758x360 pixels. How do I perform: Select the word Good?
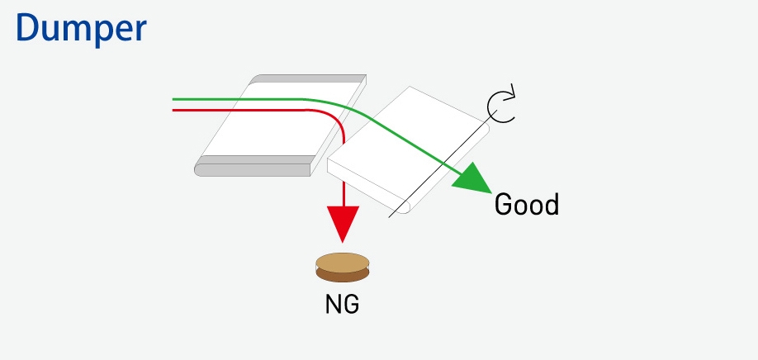[x=526, y=204]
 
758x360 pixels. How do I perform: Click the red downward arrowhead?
[x=343, y=224]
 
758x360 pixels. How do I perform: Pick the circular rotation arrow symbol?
[x=500, y=106]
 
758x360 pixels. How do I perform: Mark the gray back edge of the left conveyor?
[x=306, y=78]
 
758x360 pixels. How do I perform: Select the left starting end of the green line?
[x=174, y=100]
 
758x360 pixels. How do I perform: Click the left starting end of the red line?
[x=174, y=109]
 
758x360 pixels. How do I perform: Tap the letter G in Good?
[x=504, y=204]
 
